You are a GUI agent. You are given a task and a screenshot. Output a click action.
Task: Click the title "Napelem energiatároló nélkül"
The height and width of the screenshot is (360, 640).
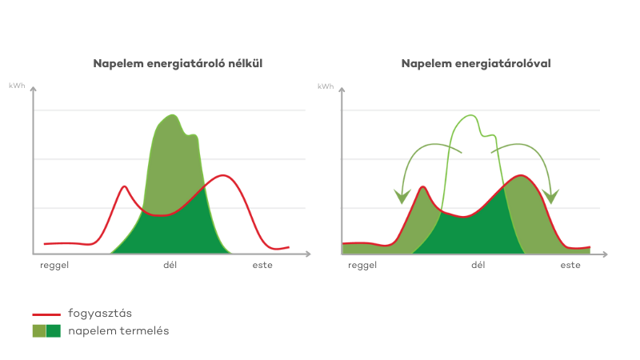click(x=178, y=62)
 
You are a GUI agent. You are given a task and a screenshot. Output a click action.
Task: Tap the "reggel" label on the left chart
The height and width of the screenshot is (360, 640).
click(x=54, y=265)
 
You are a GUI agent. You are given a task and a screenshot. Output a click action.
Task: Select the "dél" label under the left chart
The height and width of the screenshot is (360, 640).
click(x=170, y=265)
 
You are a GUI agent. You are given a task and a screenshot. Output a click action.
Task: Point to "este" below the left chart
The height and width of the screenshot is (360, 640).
click(x=262, y=265)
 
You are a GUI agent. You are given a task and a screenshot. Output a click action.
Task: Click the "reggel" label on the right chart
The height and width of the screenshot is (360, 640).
click(x=362, y=265)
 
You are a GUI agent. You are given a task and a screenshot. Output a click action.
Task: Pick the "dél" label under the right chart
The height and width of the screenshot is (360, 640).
click(x=478, y=265)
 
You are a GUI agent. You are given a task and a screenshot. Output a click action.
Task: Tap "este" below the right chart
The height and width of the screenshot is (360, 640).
click(x=570, y=265)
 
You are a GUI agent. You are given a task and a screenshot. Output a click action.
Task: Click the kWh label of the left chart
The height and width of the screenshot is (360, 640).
click(x=16, y=85)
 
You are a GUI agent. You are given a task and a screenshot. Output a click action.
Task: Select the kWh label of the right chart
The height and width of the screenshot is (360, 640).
click(x=325, y=85)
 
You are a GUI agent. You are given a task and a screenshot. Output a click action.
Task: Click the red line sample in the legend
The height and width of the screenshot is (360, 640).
click(x=46, y=314)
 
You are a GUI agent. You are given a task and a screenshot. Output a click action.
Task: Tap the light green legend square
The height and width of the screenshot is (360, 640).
click(x=38, y=330)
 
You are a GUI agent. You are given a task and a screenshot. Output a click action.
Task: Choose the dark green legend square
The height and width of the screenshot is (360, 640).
click(x=54, y=330)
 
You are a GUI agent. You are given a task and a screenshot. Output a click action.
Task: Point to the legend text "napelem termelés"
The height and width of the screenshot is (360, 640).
click(x=118, y=330)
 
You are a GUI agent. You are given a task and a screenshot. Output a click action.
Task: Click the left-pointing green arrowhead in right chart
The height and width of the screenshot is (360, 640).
click(x=402, y=196)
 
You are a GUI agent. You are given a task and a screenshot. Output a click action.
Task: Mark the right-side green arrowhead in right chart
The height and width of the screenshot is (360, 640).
click(x=550, y=196)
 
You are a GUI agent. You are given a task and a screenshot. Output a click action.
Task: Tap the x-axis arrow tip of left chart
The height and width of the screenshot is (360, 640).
click(x=309, y=255)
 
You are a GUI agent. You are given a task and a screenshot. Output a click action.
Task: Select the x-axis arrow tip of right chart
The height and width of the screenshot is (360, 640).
click(x=606, y=255)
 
